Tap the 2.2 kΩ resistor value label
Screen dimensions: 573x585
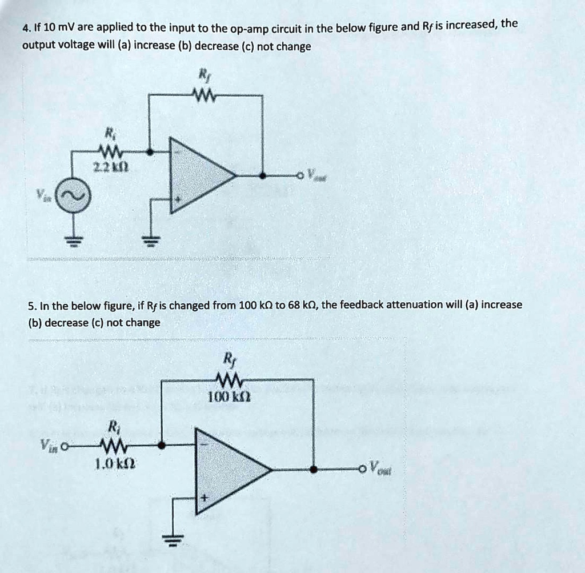[107, 166]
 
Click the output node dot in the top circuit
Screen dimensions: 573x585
[262, 176]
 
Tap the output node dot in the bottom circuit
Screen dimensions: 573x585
[313, 469]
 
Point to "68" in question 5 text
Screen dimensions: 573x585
[294, 304]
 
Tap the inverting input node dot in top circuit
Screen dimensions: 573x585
[150, 153]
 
